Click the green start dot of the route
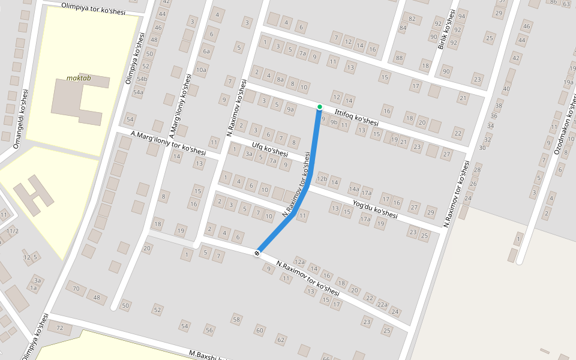pyautogui.click(x=320, y=107)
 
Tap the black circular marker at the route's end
pyautogui.click(x=257, y=253)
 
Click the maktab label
pyautogui.click(x=79, y=78)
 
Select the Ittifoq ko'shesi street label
pyautogui.click(x=356, y=117)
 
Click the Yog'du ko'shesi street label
pyautogui.click(x=376, y=209)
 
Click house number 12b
pyautogui.click(x=322, y=179)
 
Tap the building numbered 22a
pyautogui.click(x=382, y=304)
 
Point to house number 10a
pyautogui.click(x=201, y=70)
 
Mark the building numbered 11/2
pyautogui.click(x=12, y=231)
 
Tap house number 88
pyautogui.click(x=400, y=58)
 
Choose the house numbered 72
pyautogui.click(x=59, y=328)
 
